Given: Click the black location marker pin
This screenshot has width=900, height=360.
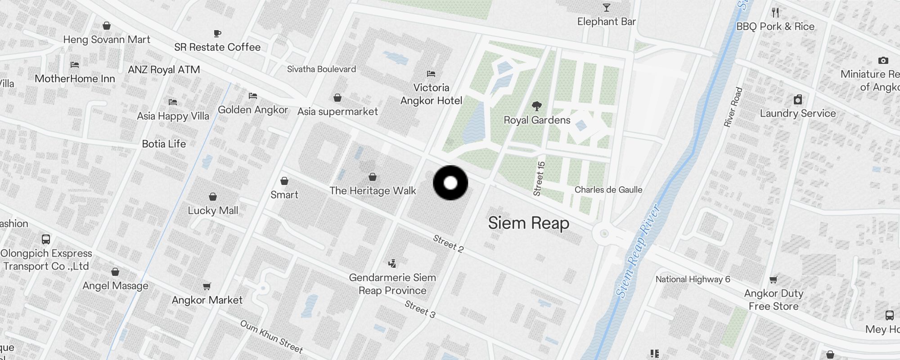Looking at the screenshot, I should [450, 183].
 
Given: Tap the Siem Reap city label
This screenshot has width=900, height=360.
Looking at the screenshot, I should [528, 223].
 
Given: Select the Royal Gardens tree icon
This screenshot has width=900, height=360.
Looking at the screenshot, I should [536, 107].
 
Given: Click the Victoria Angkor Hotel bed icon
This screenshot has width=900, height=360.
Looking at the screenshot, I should [431, 74].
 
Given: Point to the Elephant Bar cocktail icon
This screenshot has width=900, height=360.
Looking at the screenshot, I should [607, 8].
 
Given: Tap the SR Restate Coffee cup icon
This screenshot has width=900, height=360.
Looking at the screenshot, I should [217, 33].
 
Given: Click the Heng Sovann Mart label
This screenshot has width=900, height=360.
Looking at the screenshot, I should [107, 40].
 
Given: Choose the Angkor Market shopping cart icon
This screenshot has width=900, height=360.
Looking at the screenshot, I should [207, 286].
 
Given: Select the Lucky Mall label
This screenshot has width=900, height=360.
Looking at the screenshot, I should [213, 211].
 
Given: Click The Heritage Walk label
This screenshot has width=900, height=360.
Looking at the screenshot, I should [373, 191].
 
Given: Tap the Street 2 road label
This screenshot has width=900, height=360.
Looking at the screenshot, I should [448, 243].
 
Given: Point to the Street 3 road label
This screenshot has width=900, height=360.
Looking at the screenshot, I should [420, 309].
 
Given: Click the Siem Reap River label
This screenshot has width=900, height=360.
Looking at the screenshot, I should [638, 251].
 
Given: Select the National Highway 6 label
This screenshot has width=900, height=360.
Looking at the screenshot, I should [693, 279].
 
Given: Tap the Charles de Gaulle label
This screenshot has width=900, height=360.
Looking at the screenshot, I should [608, 190].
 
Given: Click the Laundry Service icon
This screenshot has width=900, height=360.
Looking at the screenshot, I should [798, 99].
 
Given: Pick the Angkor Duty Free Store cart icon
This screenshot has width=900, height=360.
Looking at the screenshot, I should [774, 280].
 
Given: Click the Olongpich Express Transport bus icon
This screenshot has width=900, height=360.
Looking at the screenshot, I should [46, 239].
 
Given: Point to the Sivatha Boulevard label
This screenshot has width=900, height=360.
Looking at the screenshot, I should [321, 69].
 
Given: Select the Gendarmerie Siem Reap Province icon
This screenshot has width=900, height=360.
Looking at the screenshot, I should [392, 263].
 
